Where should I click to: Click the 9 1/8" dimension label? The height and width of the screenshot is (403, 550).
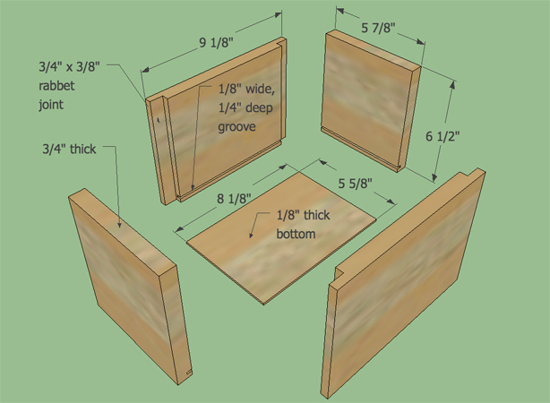[216, 43]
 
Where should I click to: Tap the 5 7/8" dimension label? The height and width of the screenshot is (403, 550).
[378, 28]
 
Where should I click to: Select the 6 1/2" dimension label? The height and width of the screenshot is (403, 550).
[443, 136]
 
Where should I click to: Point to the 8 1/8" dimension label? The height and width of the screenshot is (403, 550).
[234, 199]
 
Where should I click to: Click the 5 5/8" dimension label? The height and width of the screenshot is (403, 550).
[355, 183]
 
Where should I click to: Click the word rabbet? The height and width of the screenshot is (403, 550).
[56, 86]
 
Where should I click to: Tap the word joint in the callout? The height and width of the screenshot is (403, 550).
[51, 105]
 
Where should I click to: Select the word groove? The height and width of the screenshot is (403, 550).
[236, 127]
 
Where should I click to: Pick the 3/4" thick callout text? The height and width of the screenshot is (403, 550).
[69, 149]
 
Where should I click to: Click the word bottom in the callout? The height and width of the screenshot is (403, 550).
[296, 234]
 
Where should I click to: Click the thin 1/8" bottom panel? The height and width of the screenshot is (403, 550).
[281, 237]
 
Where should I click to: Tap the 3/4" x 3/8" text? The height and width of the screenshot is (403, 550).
[70, 66]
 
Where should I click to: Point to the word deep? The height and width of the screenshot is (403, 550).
[258, 108]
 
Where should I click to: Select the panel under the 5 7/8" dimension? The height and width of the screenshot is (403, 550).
[371, 102]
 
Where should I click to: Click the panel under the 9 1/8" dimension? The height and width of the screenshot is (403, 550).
[217, 120]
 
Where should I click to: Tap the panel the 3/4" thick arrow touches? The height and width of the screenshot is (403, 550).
[130, 287]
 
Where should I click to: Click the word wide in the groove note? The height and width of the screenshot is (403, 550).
[260, 89]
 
